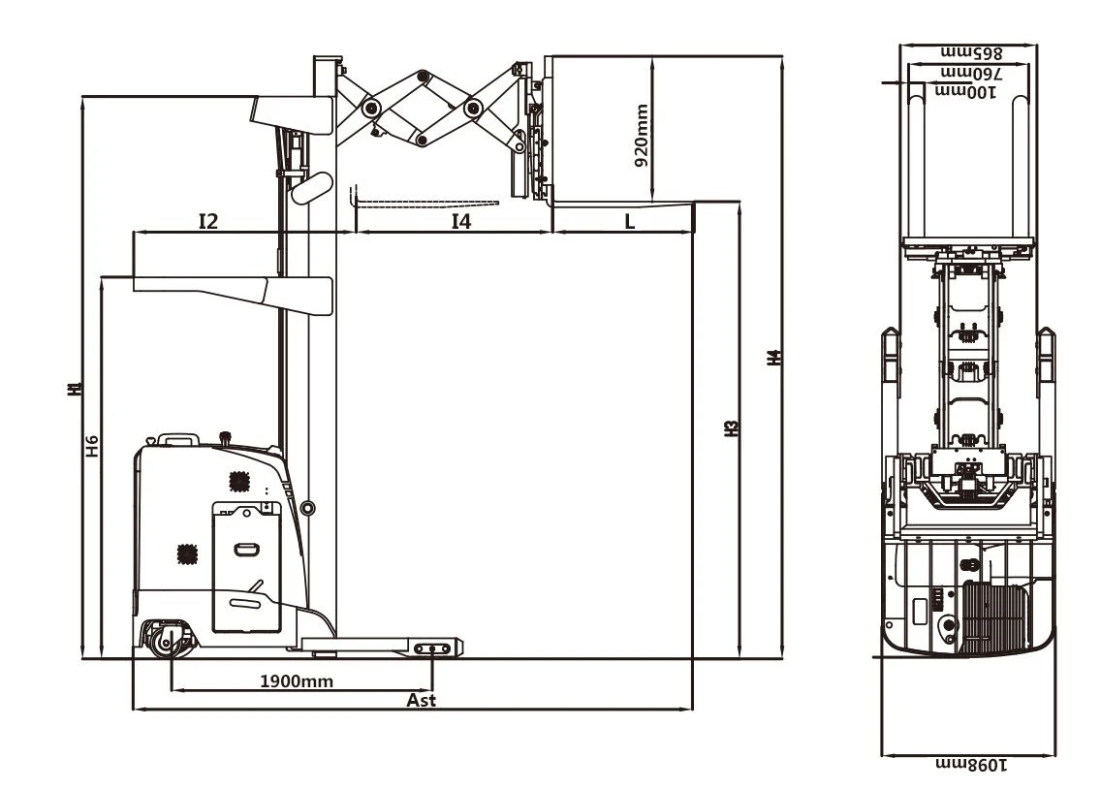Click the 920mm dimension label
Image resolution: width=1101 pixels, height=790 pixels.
pos(641,136)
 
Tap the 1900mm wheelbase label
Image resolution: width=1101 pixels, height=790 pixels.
pos(297,680)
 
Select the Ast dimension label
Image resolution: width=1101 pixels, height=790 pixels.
pos(421,700)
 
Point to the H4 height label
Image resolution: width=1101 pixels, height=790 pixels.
pos(773,358)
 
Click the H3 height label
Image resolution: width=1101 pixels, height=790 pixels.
pos(731,428)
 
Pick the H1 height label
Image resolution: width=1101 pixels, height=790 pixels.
pos(76,389)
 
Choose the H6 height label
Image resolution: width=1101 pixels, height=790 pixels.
pos(92,447)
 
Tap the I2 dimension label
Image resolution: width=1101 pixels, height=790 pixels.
pos(208,221)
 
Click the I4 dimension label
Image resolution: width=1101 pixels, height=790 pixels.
pos(460,221)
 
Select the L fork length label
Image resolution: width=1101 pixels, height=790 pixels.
pos(629,222)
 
